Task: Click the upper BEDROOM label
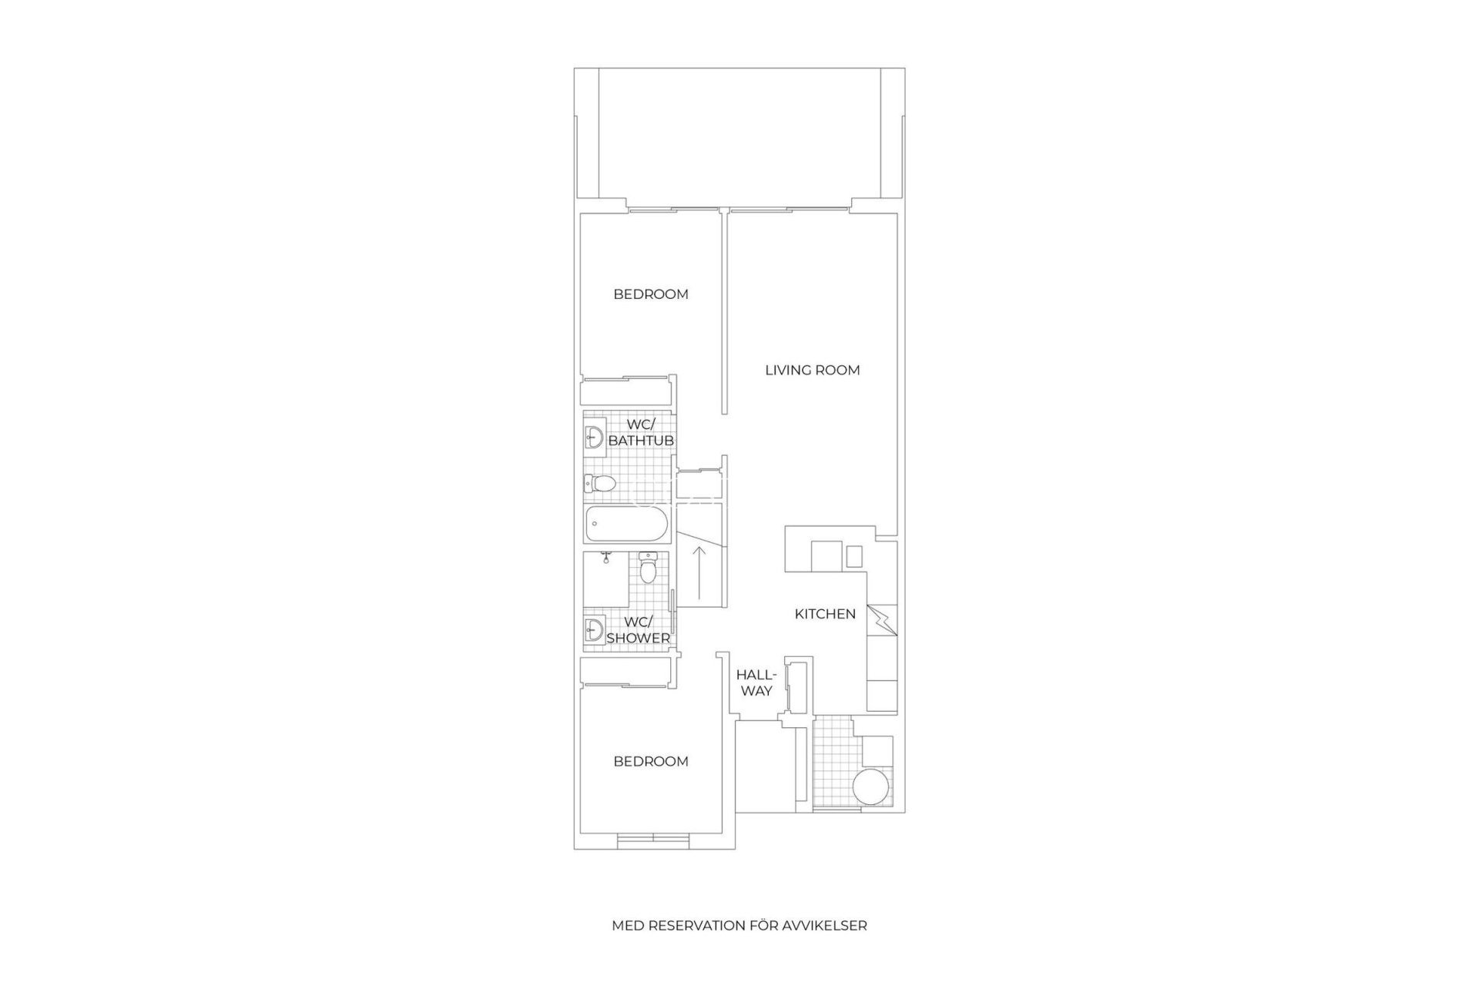(x=651, y=294)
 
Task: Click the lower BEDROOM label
(x=651, y=762)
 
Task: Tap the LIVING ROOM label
(x=812, y=371)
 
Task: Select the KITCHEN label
(x=825, y=614)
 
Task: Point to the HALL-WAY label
(x=756, y=682)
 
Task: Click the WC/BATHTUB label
(x=641, y=433)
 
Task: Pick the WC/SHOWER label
(x=638, y=630)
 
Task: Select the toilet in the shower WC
(x=648, y=569)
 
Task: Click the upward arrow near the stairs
(x=699, y=573)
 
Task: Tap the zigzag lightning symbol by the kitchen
(x=883, y=620)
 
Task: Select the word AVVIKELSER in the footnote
(x=829, y=926)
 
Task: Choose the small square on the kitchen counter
(x=854, y=555)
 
